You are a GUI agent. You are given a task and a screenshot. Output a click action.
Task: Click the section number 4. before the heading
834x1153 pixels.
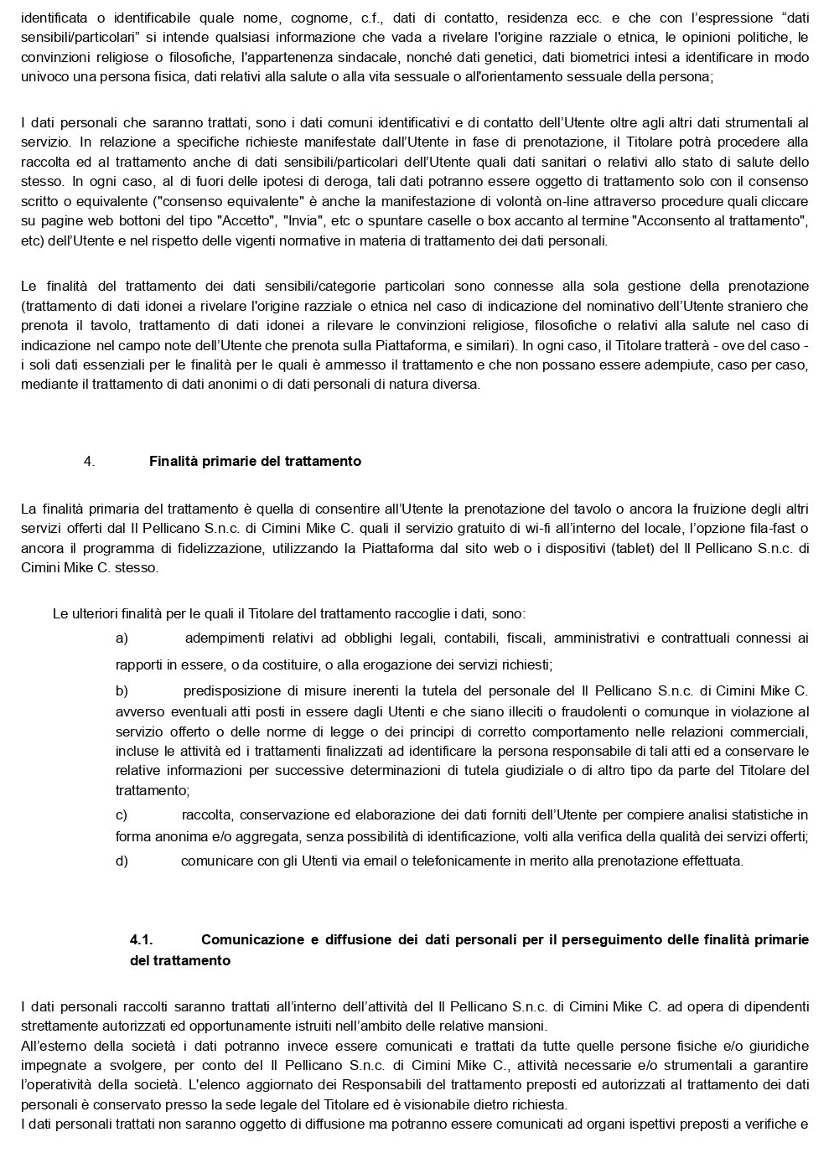coord(89,461)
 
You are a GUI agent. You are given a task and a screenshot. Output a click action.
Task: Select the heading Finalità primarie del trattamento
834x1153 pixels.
coord(255,461)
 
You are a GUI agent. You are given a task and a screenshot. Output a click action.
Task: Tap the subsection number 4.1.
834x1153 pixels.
coord(141,939)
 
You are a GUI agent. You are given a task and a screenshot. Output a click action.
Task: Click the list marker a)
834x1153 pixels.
coord(122,638)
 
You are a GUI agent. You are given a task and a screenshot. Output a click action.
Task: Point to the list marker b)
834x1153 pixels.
coord(122,690)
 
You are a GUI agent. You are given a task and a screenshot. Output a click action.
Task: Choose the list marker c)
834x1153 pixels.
coord(122,814)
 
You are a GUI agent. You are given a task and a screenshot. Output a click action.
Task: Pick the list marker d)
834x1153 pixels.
coord(122,861)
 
